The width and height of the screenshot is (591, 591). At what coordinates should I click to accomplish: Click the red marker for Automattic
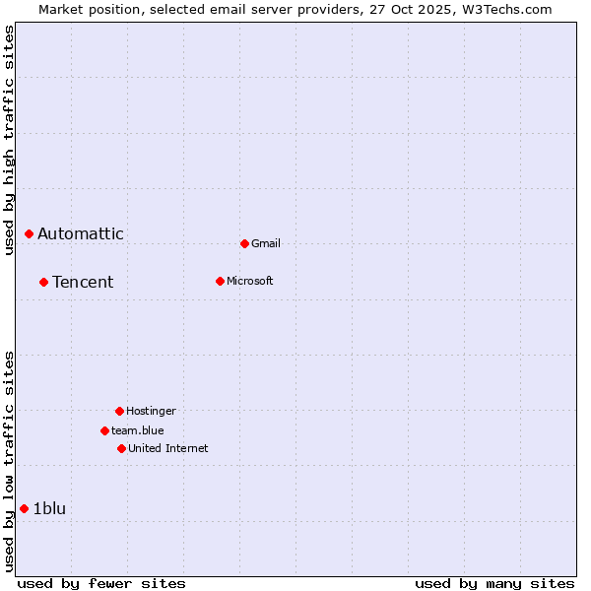pyautogui.click(x=30, y=233)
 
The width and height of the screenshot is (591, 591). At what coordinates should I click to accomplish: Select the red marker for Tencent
pyautogui.click(x=44, y=282)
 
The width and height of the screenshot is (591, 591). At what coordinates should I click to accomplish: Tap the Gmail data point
pyautogui.click(x=244, y=243)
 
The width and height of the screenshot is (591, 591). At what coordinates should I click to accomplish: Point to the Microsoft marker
pyautogui.click(x=220, y=281)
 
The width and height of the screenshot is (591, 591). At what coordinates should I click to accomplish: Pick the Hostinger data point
pyautogui.click(x=119, y=411)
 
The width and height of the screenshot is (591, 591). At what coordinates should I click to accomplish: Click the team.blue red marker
pyautogui.click(x=104, y=430)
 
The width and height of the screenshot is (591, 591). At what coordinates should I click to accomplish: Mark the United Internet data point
pyautogui.click(x=121, y=448)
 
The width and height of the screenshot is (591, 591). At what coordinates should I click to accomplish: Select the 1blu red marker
pyautogui.click(x=25, y=508)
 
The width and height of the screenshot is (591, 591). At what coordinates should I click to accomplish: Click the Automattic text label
pyautogui.click(x=81, y=233)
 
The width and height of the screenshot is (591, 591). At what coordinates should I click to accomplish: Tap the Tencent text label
pyautogui.click(x=83, y=282)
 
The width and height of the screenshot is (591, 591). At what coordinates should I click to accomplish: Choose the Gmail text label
pyautogui.click(x=266, y=243)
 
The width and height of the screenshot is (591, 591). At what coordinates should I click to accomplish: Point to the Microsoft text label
pyautogui.click(x=250, y=281)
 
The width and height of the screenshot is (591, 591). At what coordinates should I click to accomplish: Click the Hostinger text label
pyautogui.click(x=151, y=411)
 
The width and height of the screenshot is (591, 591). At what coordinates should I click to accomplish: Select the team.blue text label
pyautogui.click(x=138, y=430)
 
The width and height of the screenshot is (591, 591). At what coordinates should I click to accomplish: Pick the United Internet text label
pyautogui.click(x=168, y=448)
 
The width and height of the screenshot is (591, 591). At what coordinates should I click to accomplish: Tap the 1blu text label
pyautogui.click(x=50, y=508)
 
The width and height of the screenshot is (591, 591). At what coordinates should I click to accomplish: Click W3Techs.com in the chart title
pyautogui.click(x=505, y=9)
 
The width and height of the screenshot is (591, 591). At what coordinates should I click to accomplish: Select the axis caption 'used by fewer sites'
pyautogui.click(x=101, y=583)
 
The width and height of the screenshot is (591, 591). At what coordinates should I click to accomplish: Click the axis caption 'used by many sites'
pyautogui.click(x=494, y=583)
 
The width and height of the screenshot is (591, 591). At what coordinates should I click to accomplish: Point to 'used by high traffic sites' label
pyautogui.click(x=9, y=141)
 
